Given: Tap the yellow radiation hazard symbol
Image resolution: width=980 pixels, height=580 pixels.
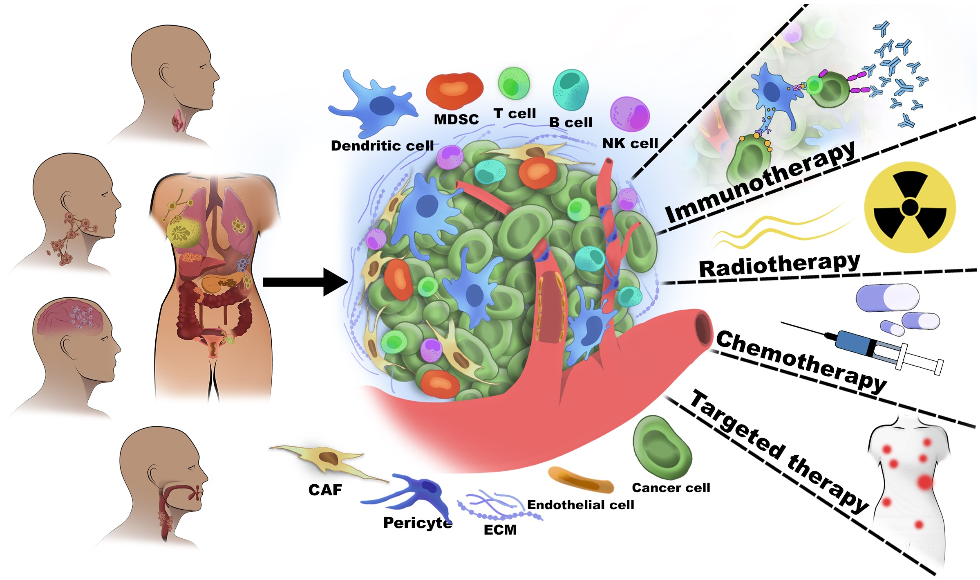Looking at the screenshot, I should [x=910, y=207].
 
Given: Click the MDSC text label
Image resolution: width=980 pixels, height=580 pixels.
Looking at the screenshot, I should [x=456, y=119].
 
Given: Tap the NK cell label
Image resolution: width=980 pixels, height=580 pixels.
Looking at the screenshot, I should [x=630, y=143].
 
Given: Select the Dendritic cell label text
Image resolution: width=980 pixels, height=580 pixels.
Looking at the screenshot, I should [x=382, y=146].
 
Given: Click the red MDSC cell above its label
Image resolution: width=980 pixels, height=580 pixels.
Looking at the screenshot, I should [x=454, y=91].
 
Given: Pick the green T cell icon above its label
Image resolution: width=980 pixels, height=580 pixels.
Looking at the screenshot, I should [x=513, y=83].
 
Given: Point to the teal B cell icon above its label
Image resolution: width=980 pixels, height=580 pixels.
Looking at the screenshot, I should [x=571, y=89].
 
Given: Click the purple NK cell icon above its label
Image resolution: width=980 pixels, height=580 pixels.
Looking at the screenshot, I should [x=630, y=114].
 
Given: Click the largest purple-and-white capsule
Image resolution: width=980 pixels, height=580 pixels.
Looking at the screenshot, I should [x=887, y=297].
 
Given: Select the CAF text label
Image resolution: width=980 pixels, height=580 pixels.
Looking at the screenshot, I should [x=325, y=490].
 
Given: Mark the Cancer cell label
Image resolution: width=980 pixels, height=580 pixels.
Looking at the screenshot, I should [x=671, y=488].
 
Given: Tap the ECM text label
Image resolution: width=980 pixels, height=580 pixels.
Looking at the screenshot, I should [x=500, y=530].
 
